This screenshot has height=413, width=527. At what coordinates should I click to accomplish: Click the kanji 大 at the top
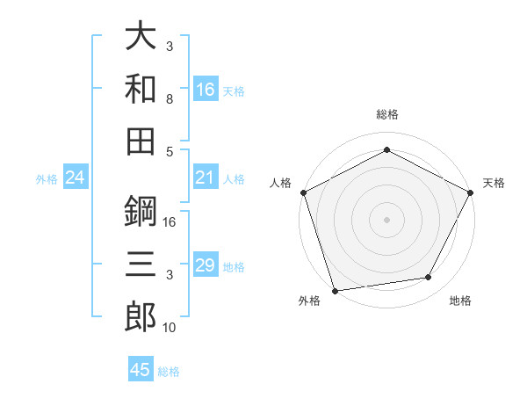click(x=141, y=37)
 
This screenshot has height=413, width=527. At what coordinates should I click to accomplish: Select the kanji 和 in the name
click(x=141, y=88)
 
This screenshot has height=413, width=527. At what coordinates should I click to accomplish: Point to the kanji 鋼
click(x=141, y=211)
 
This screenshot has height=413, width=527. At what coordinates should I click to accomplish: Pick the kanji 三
click(x=141, y=263)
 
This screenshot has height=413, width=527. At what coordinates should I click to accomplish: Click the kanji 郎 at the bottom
click(x=141, y=315)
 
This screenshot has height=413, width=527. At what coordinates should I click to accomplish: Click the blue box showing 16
click(x=206, y=90)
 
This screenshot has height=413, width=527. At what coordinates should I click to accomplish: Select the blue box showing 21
click(x=206, y=178)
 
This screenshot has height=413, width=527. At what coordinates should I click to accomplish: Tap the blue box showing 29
click(x=206, y=266)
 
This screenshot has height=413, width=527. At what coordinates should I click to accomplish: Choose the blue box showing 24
click(x=76, y=178)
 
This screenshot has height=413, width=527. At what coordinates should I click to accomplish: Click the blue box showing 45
click(x=141, y=370)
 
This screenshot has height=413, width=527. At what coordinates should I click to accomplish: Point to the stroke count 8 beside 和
click(x=170, y=98)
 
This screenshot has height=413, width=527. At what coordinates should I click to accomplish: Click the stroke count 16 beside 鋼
click(x=170, y=222)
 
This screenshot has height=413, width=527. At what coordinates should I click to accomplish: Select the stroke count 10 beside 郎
click(x=170, y=327)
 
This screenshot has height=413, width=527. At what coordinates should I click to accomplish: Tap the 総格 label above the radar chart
click(x=387, y=114)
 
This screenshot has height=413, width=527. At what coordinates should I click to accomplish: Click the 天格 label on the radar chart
click(x=494, y=183)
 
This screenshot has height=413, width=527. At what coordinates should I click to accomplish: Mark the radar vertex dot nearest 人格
click(x=304, y=192)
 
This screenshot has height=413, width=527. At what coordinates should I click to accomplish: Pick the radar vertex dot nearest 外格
click(x=336, y=290)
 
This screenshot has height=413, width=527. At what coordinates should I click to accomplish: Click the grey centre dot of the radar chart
click(x=386, y=219)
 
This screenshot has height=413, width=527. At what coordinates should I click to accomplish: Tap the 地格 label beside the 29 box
click(x=234, y=267)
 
